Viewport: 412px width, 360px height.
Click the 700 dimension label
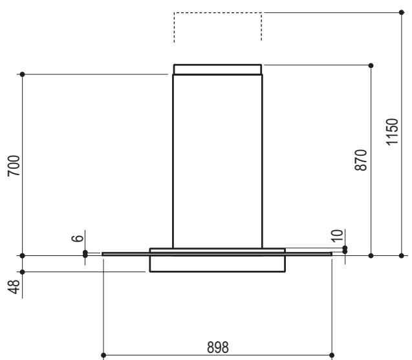14,165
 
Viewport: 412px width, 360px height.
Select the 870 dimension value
360,160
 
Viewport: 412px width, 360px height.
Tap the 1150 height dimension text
392,132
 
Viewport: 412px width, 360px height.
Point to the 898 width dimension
218,347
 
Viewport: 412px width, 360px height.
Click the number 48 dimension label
14,287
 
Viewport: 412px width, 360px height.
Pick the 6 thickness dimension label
78,238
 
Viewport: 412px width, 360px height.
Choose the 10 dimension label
337,235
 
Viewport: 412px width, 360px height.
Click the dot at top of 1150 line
401,12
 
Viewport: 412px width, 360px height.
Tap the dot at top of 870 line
371,65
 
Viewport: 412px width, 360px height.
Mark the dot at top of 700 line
23,74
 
